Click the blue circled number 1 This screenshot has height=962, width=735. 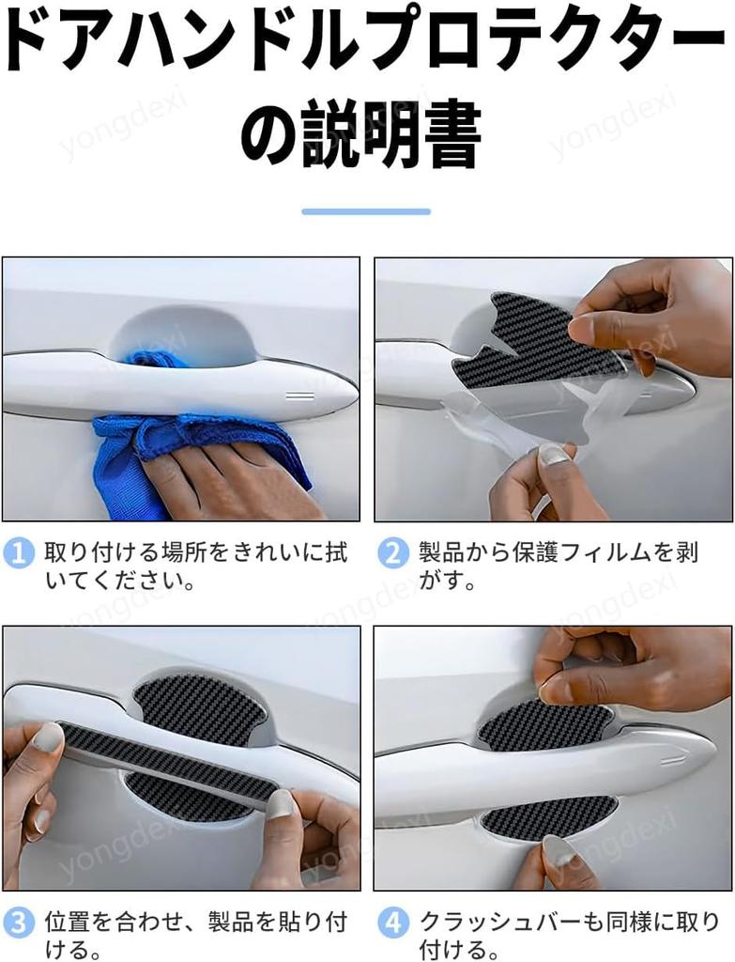tap(19, 553)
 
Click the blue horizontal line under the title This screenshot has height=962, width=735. tap(366, 211)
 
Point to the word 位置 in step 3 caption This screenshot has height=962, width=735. tap(69, 923)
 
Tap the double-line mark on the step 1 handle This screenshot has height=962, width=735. tap(300, 396)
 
